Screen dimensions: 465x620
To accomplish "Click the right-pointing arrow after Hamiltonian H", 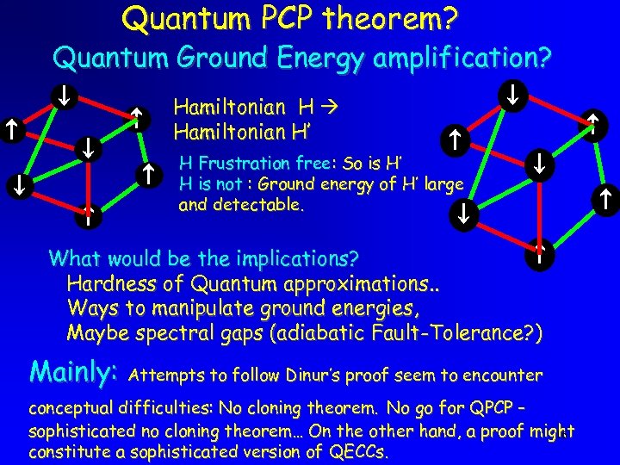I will (328, 108).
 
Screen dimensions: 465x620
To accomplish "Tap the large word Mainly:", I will (73, 372).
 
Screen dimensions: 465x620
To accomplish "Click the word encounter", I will (503, 375).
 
